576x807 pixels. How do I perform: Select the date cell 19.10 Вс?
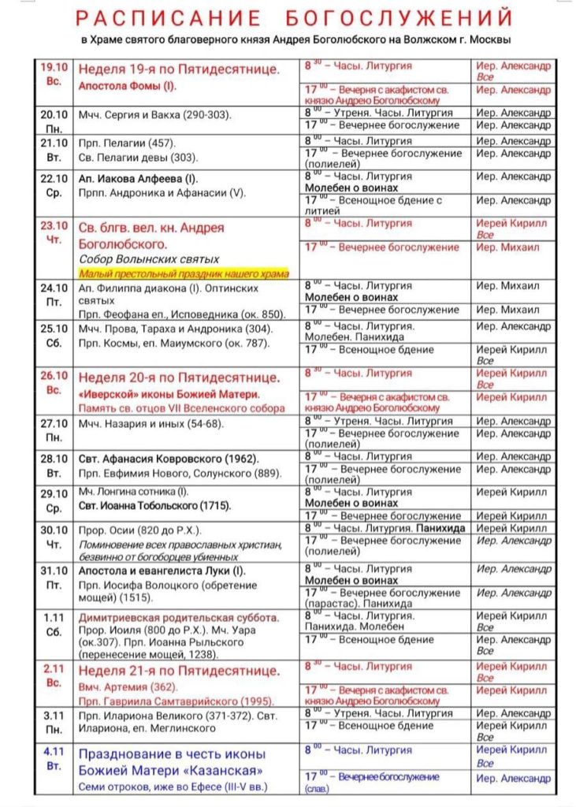[55, 74]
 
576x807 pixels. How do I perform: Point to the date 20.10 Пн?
[55, 121]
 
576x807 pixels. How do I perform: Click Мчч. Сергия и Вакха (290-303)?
[155, 115]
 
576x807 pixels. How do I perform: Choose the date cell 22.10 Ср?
[55, 185]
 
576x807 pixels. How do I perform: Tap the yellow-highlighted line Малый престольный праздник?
[184, 273]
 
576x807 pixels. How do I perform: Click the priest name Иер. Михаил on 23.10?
[508, 247]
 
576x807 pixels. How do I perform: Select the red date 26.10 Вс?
[55, 382]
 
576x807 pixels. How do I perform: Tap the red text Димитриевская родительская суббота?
[178, 617]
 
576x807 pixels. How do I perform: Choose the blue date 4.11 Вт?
[55, 758]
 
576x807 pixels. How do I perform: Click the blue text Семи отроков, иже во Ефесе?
[173, 786]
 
